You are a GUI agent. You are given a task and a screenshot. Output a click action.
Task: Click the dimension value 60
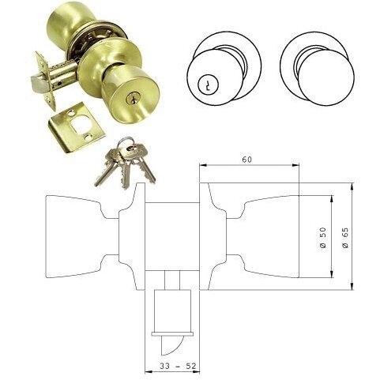247,160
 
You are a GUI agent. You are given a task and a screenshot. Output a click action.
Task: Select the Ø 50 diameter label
323,237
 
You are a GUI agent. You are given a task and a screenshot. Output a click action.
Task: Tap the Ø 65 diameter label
344,237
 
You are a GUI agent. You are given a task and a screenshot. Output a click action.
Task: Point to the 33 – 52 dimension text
178,366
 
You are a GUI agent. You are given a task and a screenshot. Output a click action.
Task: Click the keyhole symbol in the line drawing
205,85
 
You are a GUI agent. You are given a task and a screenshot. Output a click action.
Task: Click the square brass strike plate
76,128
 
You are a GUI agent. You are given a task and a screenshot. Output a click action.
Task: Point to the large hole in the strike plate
81,123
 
